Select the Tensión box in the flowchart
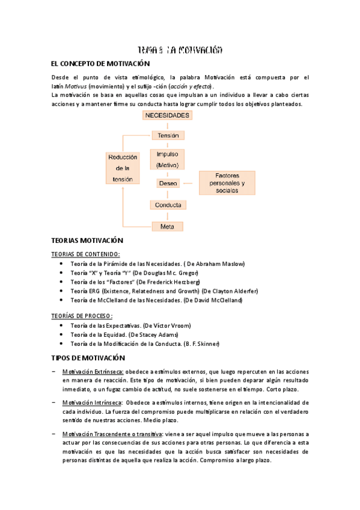point(168,135)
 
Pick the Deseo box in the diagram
point(168,182)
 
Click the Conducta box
point(168,204)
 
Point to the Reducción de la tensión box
point(123,168)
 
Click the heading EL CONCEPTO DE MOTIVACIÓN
point(100,64)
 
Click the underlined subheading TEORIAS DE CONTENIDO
point(85,254)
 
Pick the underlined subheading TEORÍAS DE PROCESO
point(82,316)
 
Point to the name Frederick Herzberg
point(177,282)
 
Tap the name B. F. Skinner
point(204,344)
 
